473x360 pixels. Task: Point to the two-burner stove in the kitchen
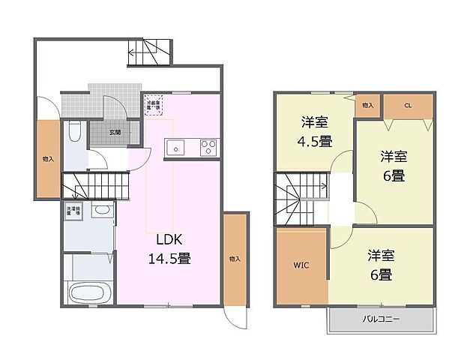208,148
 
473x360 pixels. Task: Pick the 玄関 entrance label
115,132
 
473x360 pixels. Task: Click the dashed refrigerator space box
154,105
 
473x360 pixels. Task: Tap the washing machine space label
73,211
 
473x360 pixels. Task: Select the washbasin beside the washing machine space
101,211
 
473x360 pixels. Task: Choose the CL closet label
408,106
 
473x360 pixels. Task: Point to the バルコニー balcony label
381,319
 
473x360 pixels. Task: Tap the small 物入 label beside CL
367,106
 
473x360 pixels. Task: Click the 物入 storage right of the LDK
235,259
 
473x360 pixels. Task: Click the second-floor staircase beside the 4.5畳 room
301,196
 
